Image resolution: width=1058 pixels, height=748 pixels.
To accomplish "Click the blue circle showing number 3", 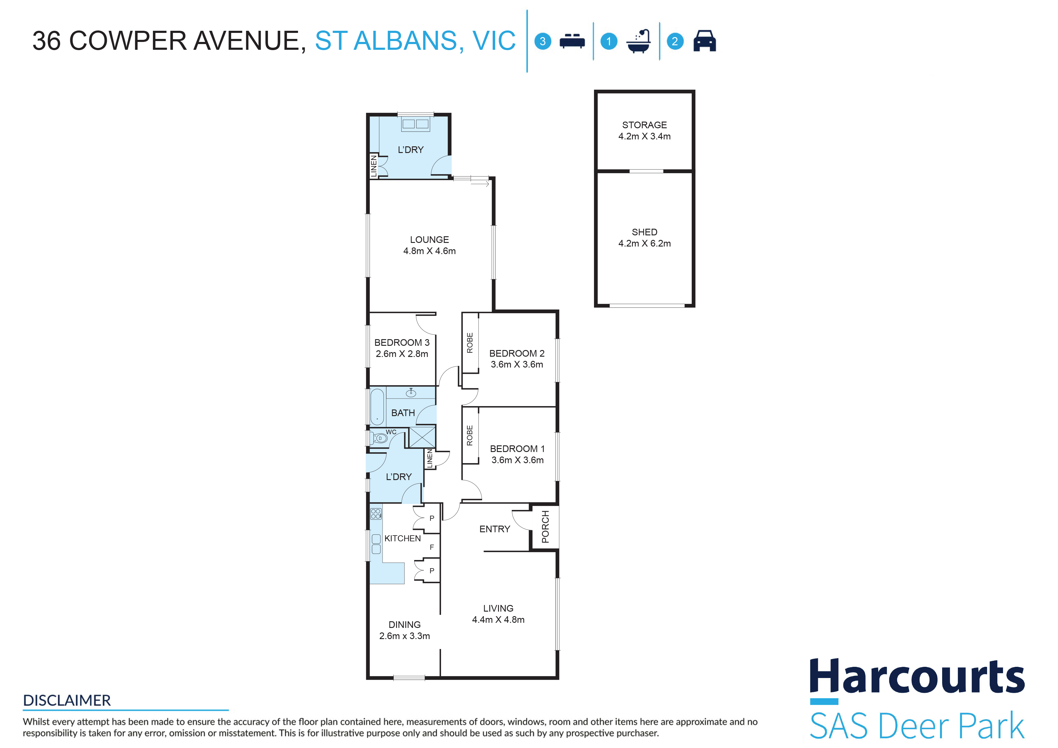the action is (x=543, y=41).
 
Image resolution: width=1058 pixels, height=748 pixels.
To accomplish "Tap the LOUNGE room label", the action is (x=430, y=240).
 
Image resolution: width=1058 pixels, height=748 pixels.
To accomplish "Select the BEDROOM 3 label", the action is (x=402, y=342).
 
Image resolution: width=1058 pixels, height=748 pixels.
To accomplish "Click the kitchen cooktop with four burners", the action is (x=376, y=514).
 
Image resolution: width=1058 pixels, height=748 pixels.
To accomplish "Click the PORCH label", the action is (x=545, y=527).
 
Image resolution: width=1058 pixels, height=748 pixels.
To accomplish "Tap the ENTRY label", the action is (x=495, y=529).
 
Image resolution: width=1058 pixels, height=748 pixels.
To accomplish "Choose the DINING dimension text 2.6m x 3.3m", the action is (x=405, y=636).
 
